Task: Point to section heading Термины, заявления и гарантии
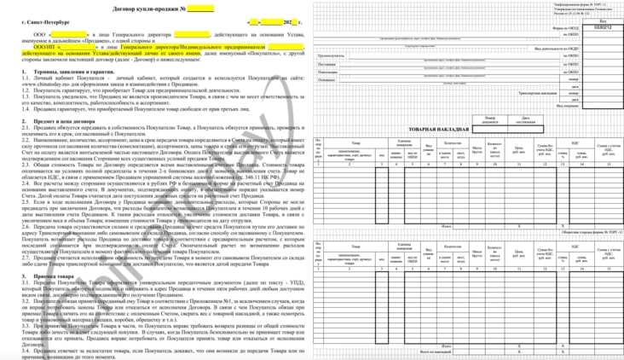[73, 73]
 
